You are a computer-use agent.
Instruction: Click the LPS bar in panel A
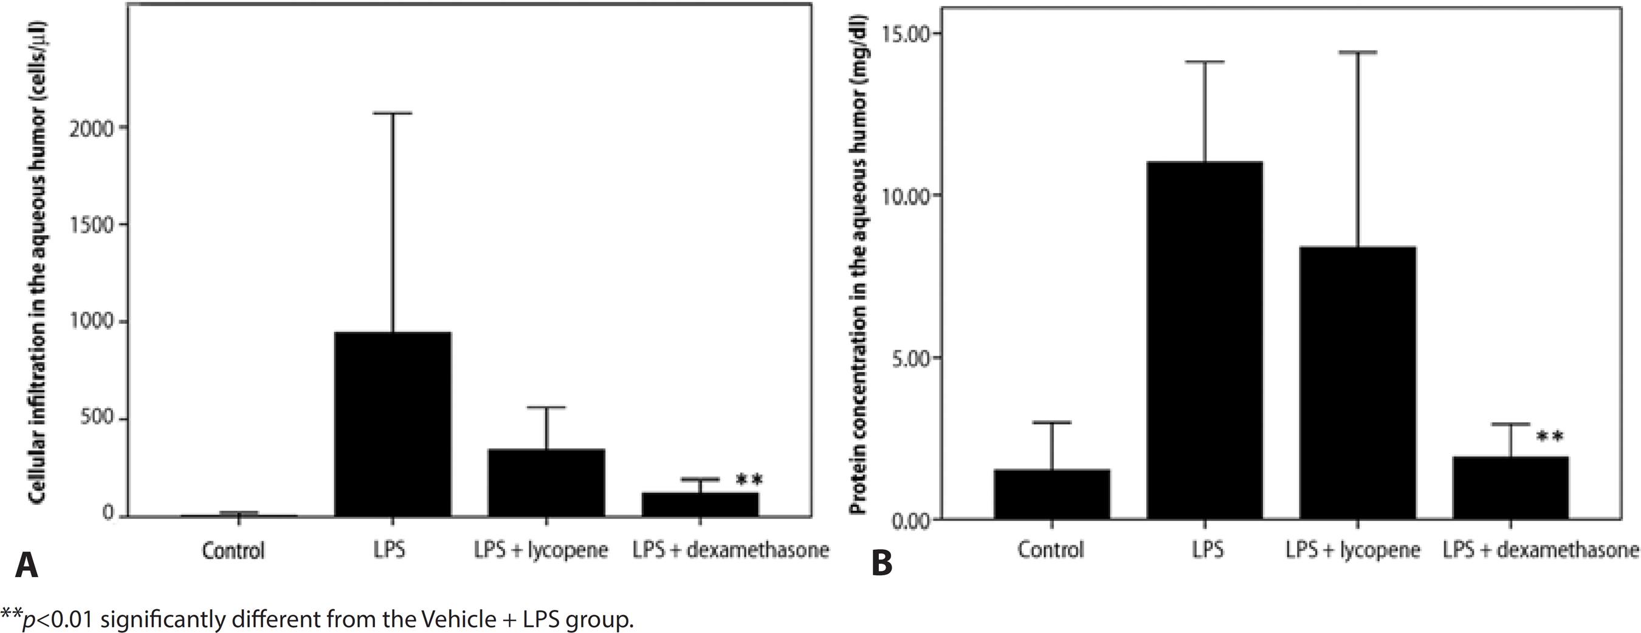393,423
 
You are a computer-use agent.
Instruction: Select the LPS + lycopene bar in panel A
546,482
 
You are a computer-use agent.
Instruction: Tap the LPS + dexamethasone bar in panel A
700,504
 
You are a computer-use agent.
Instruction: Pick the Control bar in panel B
1051,493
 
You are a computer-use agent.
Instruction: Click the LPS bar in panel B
1205,340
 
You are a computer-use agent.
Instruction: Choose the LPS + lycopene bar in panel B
1358,382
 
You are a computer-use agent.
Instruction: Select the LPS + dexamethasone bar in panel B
1510,487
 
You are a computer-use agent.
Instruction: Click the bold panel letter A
26,566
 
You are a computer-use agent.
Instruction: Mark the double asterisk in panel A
749,479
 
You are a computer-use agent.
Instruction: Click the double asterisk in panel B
1549,437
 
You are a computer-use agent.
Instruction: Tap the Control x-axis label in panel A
233,550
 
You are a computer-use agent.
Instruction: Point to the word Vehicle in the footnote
450,618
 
